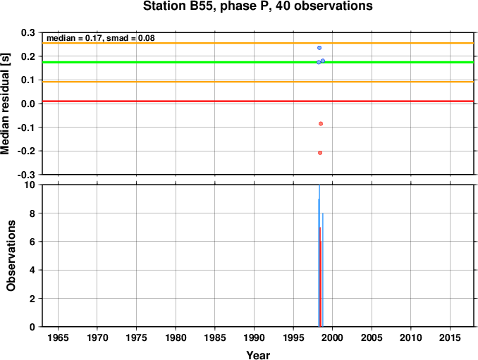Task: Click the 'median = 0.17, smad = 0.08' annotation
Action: (101, 38)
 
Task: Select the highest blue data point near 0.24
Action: (319, 48)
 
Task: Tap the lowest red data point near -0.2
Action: (320, 153)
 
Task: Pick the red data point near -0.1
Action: (320, 124)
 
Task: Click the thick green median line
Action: (258, 63)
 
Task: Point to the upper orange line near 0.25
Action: (258, 43)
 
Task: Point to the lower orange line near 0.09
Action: (258, 82)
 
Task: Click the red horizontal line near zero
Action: (258, 101)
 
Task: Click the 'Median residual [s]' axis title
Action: (6, 104)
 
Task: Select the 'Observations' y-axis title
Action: (11, 256)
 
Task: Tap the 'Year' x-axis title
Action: (258, 355)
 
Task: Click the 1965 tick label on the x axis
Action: (58, 337)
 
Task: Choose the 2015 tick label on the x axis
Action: (450, 337)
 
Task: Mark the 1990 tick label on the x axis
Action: (254, 337)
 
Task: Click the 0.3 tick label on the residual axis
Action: (27, 32)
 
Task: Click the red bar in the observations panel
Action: (320, 277)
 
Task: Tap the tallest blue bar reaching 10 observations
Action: (319, 256)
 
